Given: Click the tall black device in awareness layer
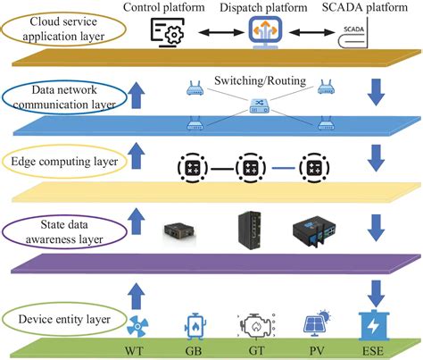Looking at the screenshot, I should [253, 230].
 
